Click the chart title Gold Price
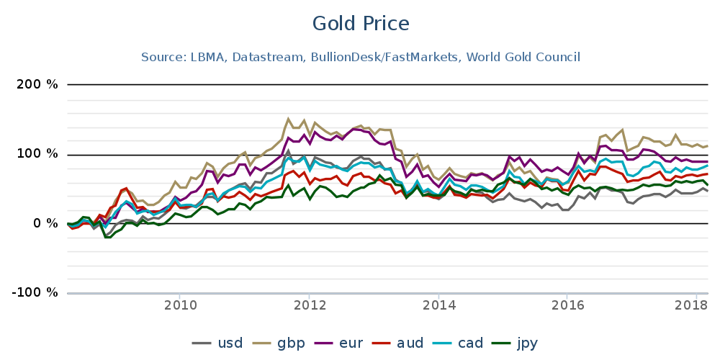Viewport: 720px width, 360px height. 360,24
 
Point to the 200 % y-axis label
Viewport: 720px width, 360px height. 37,85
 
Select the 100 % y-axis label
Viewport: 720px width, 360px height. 37,154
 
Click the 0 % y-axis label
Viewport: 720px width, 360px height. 45,223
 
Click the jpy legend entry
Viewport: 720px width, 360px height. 516,342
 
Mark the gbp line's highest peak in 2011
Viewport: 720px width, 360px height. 288,119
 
